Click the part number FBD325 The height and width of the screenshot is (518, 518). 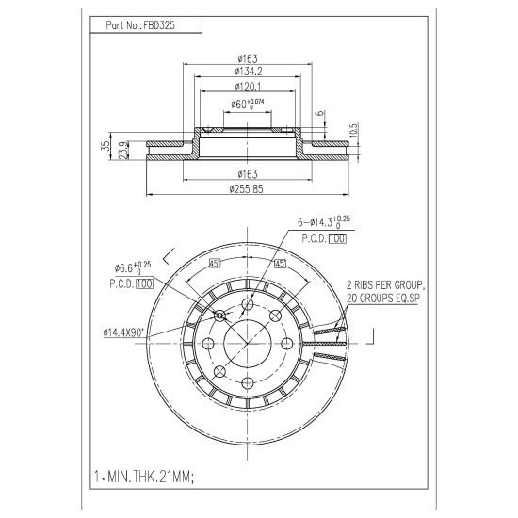coord(159,25)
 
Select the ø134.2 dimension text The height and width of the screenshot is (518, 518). coord(248,71)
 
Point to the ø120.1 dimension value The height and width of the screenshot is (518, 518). coord(248,87)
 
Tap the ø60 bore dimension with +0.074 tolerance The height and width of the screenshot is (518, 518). coord(248,104)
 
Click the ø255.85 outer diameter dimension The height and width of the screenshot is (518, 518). coord(247,189)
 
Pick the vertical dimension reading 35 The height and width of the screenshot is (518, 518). coord(105,146)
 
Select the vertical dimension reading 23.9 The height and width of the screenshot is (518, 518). coord(123,151)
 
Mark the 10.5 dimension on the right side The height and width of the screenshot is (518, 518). coord(353,131)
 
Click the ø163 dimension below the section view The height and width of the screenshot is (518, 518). coord(248,174)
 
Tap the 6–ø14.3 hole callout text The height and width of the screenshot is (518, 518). coord(324,221)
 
